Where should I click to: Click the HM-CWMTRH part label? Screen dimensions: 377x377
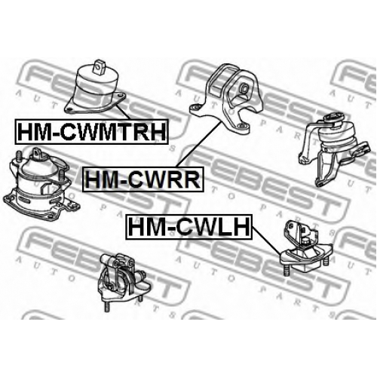point(91,132)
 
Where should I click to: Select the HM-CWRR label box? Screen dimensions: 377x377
point(143,179)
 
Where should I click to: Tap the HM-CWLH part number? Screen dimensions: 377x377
point(188,227)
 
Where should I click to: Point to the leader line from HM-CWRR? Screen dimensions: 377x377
point(198,144)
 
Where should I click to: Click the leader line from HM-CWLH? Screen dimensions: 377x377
point(266,240)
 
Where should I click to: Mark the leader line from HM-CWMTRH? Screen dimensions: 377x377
point(124,112)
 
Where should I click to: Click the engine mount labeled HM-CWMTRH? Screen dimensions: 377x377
point(95,87)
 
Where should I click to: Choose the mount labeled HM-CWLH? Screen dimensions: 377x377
point(307,247)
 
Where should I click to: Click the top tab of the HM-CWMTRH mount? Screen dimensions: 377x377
point(99,66)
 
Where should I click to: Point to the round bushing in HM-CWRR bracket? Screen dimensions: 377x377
point(244,88)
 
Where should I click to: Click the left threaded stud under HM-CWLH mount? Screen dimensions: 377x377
point(286,271)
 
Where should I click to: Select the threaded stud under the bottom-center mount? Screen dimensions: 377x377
point(107,307)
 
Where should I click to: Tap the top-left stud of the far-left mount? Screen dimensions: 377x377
point(19,156)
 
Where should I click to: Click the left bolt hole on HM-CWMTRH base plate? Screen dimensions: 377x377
point(70,109)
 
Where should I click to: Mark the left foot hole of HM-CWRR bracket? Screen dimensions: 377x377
point(195,107)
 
